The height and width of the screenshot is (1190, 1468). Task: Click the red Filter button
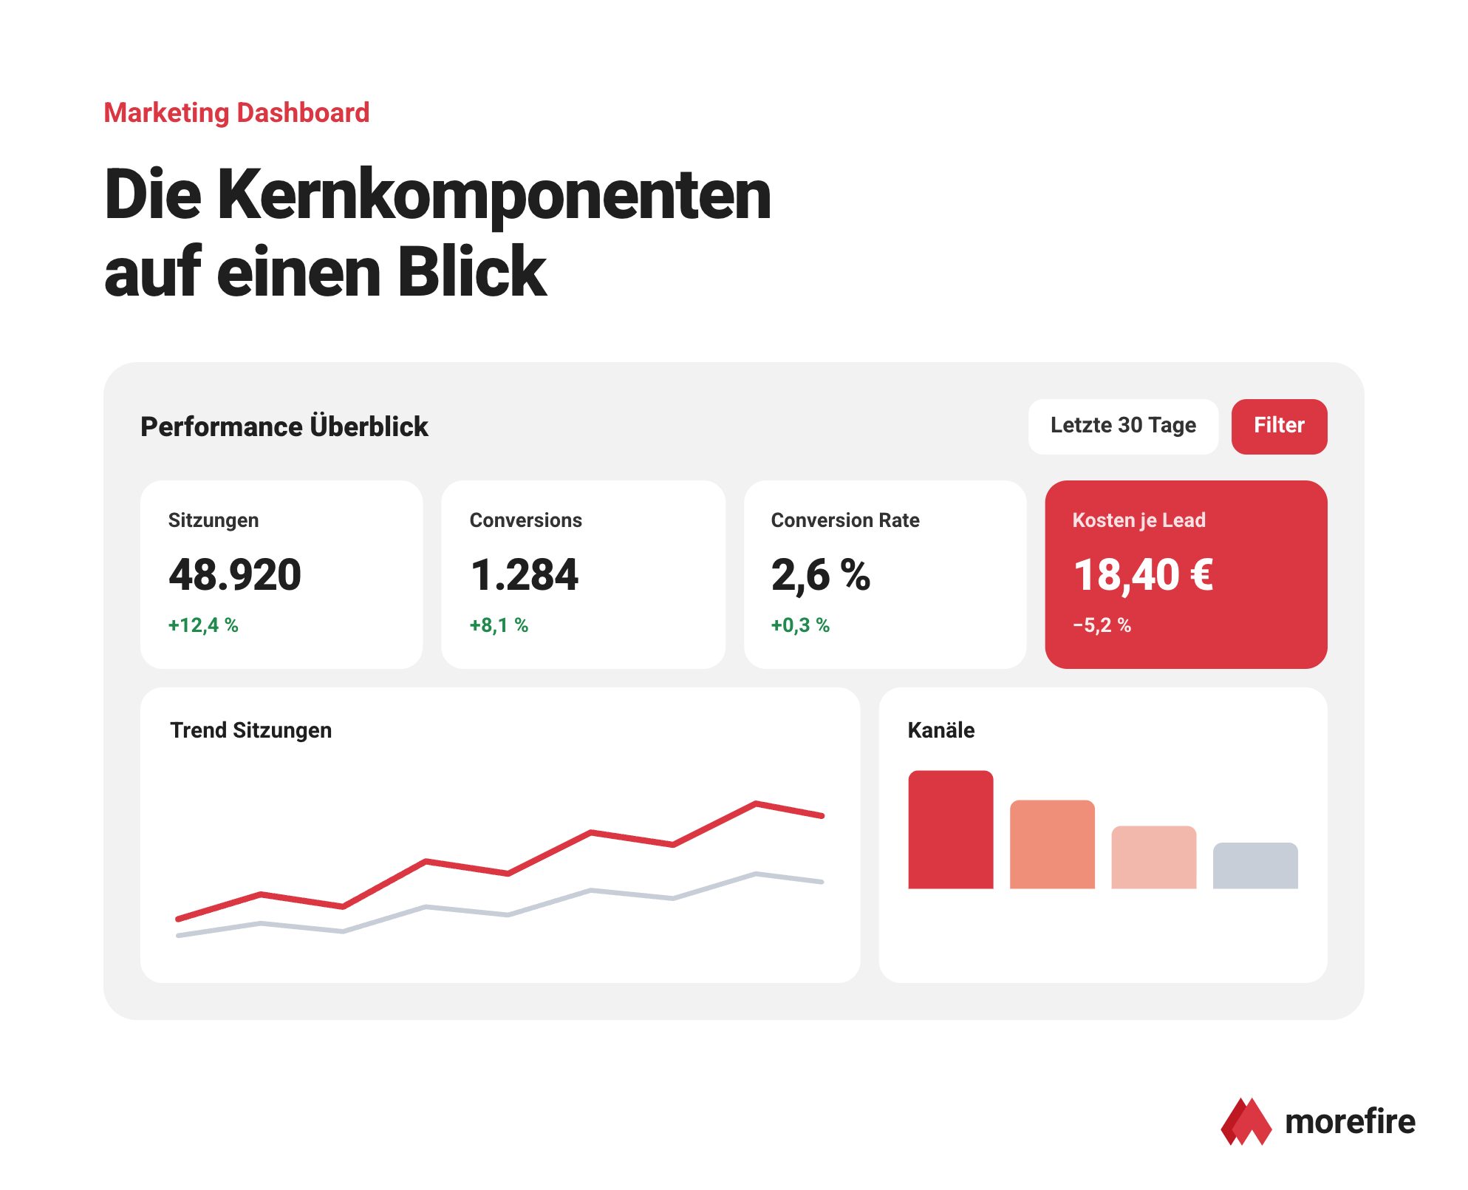pyautogui.click(x=1279, y=426)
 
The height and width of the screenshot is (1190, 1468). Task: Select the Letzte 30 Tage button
pyautogui.click(x=1123, y=426)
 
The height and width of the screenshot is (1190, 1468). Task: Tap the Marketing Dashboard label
pyautogui.click(x=236, y=113)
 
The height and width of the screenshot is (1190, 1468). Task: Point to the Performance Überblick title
pyautogui.click(x=284, y=426)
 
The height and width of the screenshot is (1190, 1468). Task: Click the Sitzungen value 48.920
pyautogui.click(x=235, y=575)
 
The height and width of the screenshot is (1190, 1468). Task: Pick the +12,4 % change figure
pyautogui.click(x=203, y=625)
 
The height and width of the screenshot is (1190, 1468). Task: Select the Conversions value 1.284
pyautogui.click(x=525, y=575)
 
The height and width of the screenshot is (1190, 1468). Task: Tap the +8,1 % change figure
pyautogui.click(x=499, y=625)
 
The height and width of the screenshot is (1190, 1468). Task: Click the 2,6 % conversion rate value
pyautogui.click(x=821, y=575)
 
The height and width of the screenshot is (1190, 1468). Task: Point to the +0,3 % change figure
pyautogui.click(x=800, y=625)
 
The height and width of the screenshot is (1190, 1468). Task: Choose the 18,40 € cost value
pyautogui.click(x=1143, y=575)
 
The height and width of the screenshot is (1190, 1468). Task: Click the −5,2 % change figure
pyautogui.click(x=1102, y=625)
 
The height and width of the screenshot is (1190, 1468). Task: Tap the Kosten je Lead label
pyautogui.click(x=1138, y=520)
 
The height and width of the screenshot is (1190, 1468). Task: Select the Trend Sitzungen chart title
pyautogui.click(x=251, y=730)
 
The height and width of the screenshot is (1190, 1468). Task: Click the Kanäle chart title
pyautogui.click(x=941, y=730)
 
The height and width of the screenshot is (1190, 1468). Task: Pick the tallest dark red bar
pyautogui.click(x=951, y=829)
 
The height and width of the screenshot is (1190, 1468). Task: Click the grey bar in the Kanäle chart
pyautogui.click(x=1255, y=866)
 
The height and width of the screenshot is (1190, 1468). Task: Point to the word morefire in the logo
pyautogui.click(x=1350, y=1121)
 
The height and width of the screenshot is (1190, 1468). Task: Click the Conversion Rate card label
pyautogui.click(x=845, y=520)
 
